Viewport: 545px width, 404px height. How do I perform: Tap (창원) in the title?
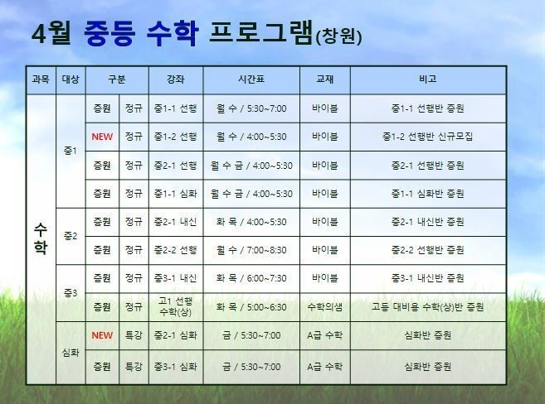tap(339, 36)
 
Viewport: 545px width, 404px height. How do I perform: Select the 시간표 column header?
tap(251, 79)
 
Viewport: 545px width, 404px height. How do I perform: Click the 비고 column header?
tap(428, 79)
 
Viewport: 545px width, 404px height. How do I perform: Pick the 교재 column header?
tap(325, 79)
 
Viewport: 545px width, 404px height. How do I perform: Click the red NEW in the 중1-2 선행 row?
tap(102, 137)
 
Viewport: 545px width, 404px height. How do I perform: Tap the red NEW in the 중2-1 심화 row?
tap(102, 335)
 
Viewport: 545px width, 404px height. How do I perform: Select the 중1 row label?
tap(71, 151)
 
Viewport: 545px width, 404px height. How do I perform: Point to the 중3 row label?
tap(71, 293)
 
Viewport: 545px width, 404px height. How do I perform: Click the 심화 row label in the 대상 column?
tap(71, 353)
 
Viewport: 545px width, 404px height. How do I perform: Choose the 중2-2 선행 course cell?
tap(176, 250)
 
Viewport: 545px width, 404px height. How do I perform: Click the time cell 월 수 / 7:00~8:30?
tap(251, 250)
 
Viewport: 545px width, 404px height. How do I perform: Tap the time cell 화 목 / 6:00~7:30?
tap(251, 278)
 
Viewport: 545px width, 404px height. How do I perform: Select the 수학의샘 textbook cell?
tap(325, 307)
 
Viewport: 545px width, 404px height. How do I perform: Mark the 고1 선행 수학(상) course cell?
tap(176, 306)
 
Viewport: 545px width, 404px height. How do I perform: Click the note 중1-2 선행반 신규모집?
tap(428, 137)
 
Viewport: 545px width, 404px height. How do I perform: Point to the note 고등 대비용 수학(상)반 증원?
tap(428, 307)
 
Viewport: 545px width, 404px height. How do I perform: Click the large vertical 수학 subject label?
tap(41, 239)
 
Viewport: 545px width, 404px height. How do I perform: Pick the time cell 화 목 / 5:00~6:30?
tap(251, 307)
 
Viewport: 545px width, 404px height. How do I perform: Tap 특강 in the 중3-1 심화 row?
tap(134, 367)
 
